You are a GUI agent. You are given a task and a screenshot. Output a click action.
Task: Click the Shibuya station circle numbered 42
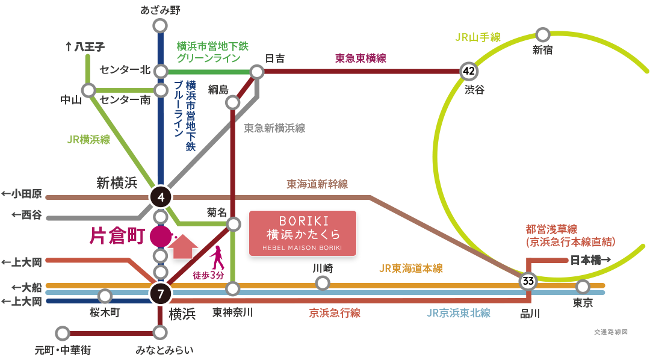(x=469, y=71)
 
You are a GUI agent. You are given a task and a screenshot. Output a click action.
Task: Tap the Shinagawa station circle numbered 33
(x=528, y=281)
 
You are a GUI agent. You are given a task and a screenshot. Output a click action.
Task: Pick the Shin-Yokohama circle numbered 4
(x=161, y=196)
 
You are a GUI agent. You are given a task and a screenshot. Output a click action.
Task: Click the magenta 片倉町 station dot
(x=160, y=236)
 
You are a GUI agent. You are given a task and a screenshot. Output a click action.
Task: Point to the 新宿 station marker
(x=543, y=35)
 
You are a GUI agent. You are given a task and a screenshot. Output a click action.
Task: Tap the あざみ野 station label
(x=160, y=10)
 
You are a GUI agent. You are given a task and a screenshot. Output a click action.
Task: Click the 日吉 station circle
(x=258, y=72)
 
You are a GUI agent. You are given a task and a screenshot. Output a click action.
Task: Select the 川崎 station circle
(x=323, y=282)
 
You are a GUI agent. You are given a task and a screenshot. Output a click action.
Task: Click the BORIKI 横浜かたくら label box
(x=302, y=232)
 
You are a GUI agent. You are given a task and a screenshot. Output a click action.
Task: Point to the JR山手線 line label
(x=478, y=37)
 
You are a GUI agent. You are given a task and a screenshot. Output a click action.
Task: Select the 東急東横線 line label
(x=361, y=58)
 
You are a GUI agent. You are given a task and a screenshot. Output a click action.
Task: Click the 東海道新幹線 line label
(x=317, y=184)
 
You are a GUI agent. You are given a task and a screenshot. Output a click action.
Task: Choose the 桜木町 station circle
(x=105, y=296)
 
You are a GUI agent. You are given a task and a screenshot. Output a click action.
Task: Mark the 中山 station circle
(x=89, y=91)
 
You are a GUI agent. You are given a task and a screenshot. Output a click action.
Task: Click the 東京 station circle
(x=582, y=287)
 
